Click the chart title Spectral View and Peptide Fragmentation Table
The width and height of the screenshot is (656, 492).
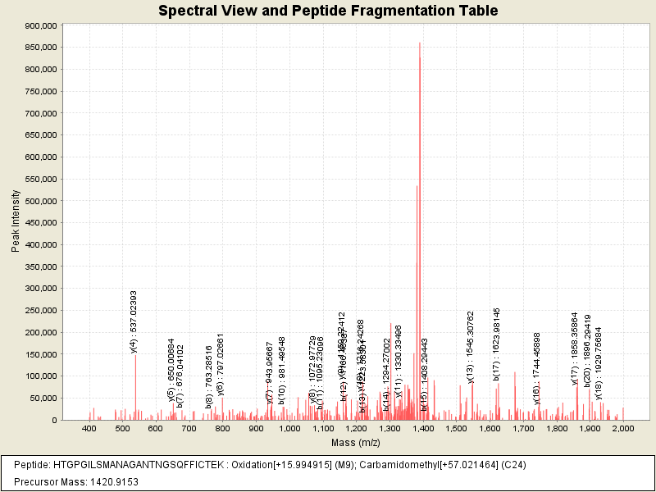(327, 11)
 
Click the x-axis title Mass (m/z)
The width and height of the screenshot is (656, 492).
(355, 443)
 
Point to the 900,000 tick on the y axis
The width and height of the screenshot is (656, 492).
(40, 25)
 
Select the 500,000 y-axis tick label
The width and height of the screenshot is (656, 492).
(40, 201)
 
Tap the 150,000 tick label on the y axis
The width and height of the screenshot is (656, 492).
(40, 354)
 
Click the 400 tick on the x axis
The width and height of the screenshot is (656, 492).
(89, 429)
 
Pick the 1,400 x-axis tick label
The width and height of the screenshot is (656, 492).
(422, 429)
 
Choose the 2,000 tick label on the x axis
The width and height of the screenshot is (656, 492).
(623, 429)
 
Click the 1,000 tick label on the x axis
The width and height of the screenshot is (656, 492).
(289, 429)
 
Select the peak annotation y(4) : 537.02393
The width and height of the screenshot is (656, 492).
(134, 321)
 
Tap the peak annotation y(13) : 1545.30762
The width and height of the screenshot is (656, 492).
(471, 347)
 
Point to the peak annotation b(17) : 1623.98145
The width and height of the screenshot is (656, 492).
(497, 344)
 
